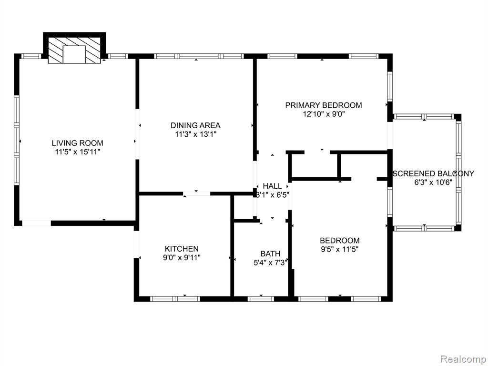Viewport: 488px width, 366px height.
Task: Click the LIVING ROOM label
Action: (78, 143)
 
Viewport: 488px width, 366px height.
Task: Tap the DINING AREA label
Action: (195, 125)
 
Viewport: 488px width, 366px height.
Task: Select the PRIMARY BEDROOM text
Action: (324, 105)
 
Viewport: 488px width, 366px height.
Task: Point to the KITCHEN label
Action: (182, 249)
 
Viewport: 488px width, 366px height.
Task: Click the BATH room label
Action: (271, 254)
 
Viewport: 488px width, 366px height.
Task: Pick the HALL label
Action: (272, 186)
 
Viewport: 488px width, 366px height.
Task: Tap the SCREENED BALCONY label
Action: (433, 173)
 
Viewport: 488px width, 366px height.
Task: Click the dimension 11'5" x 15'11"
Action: (78, 152)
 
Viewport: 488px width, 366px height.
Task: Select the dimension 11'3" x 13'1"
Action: (195, 134)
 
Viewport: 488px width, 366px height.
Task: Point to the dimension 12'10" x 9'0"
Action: (324, 114)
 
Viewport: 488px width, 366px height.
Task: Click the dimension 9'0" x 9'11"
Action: (182, 258)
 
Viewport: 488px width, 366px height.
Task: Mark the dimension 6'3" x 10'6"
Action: (433, 183)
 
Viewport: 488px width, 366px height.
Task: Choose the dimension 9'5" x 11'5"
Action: (340, 249)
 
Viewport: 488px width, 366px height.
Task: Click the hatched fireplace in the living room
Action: (74, 50)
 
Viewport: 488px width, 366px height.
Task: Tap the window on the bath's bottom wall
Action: (261, 299)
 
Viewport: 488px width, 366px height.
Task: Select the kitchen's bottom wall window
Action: (175, 299)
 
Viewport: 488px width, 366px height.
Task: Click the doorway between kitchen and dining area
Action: (196, 194)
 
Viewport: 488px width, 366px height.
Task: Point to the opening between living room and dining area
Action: (137, 134)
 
